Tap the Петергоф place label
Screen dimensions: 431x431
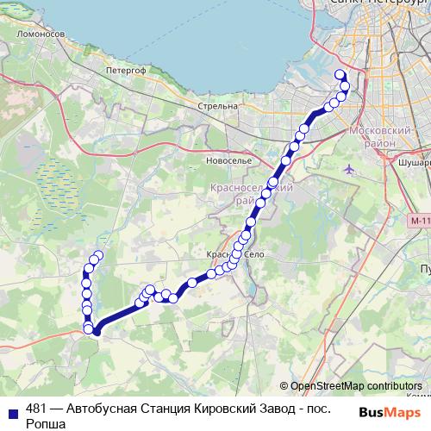(122, 69)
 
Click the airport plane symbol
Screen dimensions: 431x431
(348, 168)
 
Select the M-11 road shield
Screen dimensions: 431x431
(419, 222)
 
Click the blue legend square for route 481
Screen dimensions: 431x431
(10, 409)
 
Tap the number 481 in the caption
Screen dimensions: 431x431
(37, 409)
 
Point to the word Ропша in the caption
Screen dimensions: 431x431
(46, 424)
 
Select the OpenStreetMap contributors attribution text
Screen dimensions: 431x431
(355, 385)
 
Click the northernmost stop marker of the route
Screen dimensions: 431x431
(339, 74)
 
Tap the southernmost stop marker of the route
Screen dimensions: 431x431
(97, 331)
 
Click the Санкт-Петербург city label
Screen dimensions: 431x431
(379, 4)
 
